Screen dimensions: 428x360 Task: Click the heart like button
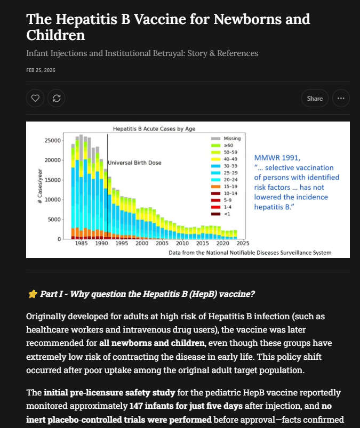(35, 98)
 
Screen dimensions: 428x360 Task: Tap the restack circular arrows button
(56, 98)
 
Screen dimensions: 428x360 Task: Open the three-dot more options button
(341, 98)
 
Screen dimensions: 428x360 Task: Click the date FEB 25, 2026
(41, 70)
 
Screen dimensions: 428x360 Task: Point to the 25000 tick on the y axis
(52, 141)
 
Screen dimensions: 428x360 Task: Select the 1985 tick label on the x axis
(81, 244)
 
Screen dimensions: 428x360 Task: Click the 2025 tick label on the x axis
(236, 244)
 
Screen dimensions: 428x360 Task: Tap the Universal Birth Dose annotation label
(134, 163)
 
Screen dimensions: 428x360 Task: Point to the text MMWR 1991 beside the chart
(277, 158)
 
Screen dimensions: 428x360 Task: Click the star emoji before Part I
(32, 294)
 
